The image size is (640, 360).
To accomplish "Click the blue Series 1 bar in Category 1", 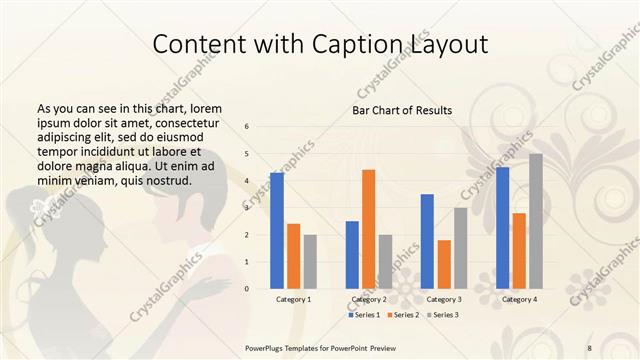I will pyautogui.click(x=277, y=230).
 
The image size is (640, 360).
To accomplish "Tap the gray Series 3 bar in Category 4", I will pyautogui.click(x=536, y=221).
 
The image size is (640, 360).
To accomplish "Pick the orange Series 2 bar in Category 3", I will pyautogui.click(x=444, y=264).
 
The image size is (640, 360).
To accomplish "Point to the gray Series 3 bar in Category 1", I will pyautogui.click(x=310, y=261).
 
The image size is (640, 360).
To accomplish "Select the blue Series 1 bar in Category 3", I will pyautogui.click(x=427, y=241).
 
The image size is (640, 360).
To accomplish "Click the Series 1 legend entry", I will pyautogui.click(x=365, y=315).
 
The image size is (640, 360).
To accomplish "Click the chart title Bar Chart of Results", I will pyautogui.click(x=402, y=110).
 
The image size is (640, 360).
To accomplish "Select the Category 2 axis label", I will pyautogui.click(x=369, y=299).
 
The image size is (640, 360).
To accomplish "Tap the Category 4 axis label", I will pyautogui.click(x=519, y=299).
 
